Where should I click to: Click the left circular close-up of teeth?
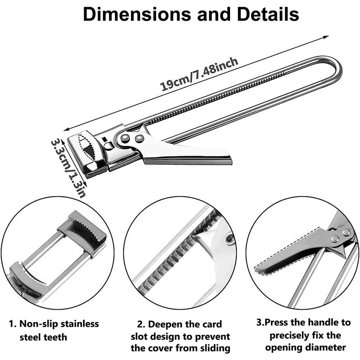(x=58, y=255)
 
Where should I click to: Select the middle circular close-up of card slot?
(x=180, y=255)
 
